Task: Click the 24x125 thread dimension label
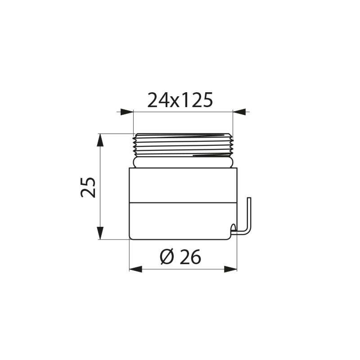(180, 100)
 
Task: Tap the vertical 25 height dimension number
(89, 187)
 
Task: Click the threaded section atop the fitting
(183, 144)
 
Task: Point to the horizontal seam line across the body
(183, 201)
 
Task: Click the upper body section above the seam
(183, 184)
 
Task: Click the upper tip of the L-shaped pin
(251, 199)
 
